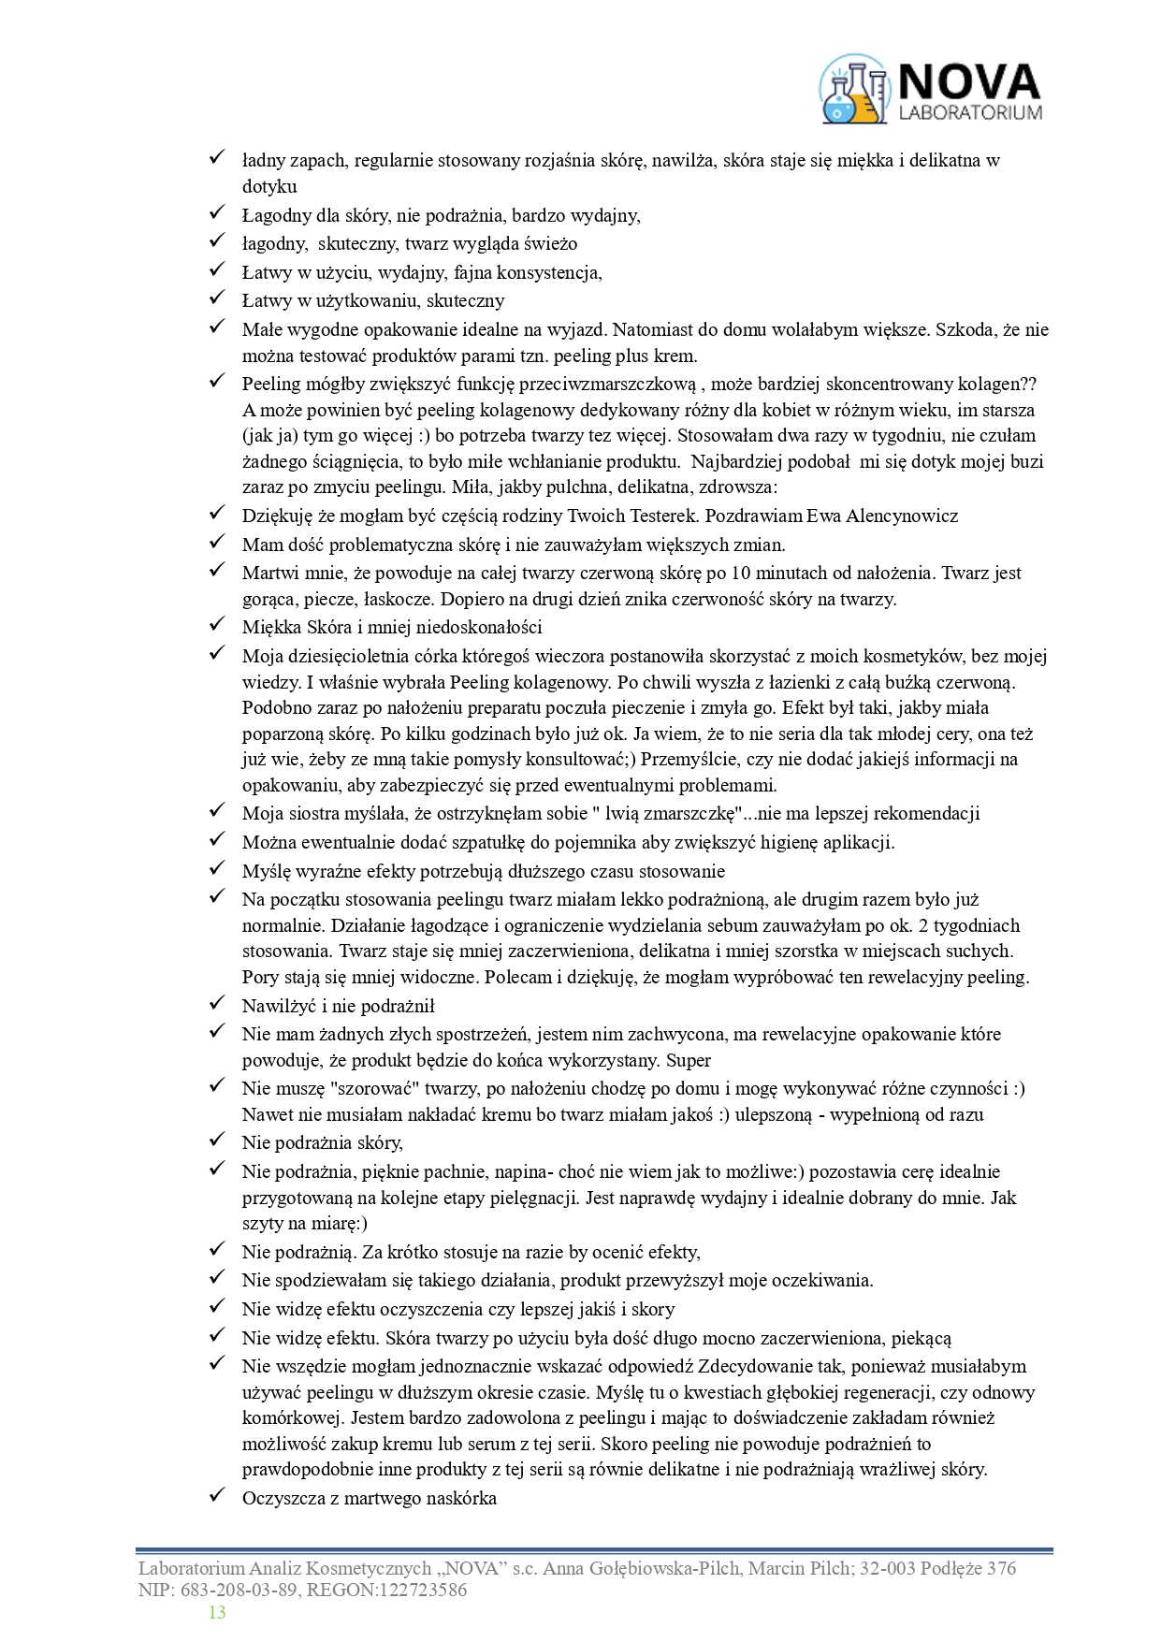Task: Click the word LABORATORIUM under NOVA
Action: (969, 112)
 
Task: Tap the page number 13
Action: (217, 1612)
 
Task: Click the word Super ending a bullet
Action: (689, 1060)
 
